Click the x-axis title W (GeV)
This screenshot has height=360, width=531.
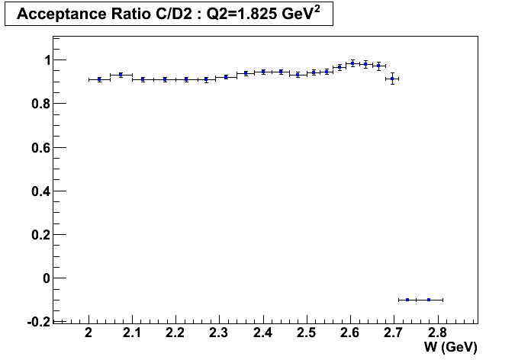click(x=449, y=348)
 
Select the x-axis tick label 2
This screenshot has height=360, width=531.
click(x=89, y=333)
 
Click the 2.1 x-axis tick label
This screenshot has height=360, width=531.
click(x=133, y=333)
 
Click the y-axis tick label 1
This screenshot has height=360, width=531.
click(x=47, y=59)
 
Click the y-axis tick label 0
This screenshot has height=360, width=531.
click(x=47, y=278)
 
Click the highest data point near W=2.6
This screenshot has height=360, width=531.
click(x=352, y=63)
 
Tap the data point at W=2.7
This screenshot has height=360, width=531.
click(x=392, y=79)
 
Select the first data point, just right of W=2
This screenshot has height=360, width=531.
click(x=99, y=79)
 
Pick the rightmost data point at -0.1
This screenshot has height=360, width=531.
click(x=429, y=300)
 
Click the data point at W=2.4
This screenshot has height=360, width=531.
click(x=263, y=72)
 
